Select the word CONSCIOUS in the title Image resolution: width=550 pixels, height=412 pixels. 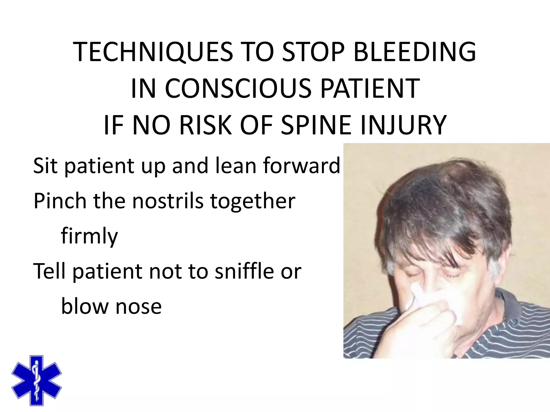coord(238,88)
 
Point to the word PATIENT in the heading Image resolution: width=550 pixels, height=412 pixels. coord(370,88)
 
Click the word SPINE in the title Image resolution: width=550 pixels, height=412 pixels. coord(316,125)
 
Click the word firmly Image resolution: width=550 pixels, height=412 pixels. coord(89,236)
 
